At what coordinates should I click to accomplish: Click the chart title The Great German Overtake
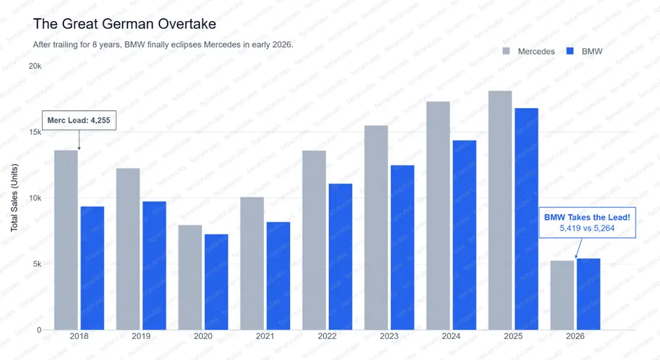124,24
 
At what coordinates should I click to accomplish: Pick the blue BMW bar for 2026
588,294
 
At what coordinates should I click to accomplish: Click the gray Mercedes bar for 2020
190,277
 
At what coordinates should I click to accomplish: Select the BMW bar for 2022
340,256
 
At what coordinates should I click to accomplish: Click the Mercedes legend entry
529,51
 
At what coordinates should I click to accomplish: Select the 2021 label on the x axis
265,337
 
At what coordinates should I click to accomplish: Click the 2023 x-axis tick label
389,337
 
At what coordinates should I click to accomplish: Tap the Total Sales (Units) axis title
14,198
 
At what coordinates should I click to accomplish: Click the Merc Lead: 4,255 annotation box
78,120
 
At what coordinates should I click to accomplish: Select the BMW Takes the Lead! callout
587,223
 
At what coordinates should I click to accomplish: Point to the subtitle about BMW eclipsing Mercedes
163,44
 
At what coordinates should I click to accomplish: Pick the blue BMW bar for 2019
154,265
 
